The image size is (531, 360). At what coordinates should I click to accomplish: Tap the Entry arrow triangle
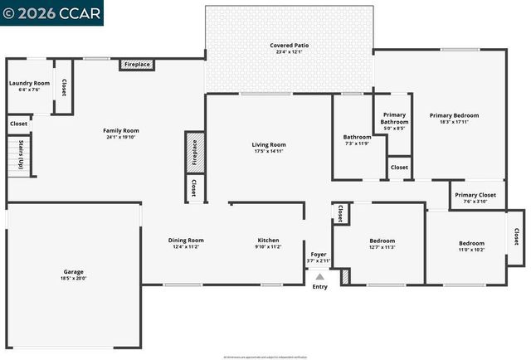tap(319, 278)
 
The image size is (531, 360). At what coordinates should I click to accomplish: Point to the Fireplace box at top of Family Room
tap(137, 65)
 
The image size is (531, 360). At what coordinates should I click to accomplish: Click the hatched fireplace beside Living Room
tap(194, 153)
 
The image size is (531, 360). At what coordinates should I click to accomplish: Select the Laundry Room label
tap(29, 84)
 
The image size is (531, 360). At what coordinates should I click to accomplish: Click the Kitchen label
tap(269, 241)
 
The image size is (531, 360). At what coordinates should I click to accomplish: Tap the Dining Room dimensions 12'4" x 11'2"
tap(187, 247)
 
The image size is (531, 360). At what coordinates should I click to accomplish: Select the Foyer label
tap(319, 254)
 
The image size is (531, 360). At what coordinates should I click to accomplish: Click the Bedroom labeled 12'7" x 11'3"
tap(382, 241)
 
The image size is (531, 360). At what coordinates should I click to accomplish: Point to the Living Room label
tap(269, 145)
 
